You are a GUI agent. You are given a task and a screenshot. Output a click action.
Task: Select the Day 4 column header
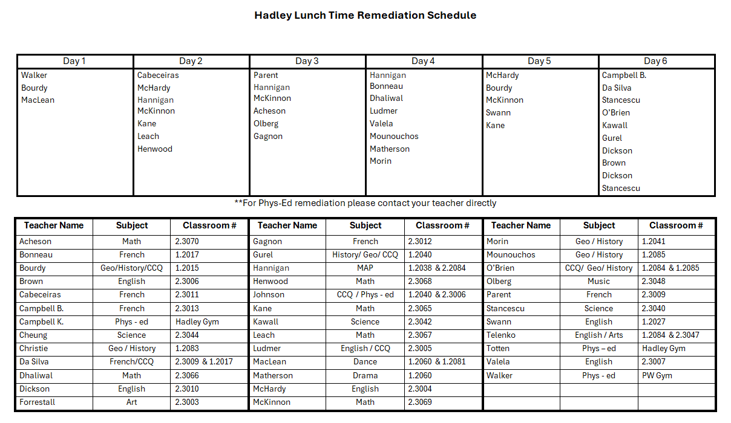(423, 61)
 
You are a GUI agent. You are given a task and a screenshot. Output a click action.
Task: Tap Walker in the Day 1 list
(34, 76)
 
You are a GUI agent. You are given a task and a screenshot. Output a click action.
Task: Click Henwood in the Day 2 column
(155, 149)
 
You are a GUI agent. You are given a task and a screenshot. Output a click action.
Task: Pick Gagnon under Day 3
(268, 137)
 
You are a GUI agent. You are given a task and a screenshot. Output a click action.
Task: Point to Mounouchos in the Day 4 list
(394, 137)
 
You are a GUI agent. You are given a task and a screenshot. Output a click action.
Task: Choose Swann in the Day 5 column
(498, 113)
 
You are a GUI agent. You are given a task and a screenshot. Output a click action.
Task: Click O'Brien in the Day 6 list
(616, 113)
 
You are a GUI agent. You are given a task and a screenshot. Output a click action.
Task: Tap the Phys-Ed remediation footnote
(365, 203)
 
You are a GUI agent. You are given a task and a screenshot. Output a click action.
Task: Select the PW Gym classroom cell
(657, 375)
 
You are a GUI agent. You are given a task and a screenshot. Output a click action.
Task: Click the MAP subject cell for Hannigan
(365, 268)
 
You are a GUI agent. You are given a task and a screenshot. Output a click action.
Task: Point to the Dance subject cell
(365, 362)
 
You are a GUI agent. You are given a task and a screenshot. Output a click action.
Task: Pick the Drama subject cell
(365, 375)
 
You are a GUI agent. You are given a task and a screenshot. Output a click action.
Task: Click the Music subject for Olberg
(598, 281)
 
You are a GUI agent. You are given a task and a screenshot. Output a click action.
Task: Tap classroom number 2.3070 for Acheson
(187, 241)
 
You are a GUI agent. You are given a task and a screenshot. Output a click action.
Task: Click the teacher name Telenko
(501, 335)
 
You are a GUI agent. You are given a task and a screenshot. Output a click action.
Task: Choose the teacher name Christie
(34, 348)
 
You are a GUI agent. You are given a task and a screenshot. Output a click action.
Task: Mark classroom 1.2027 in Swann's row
(653, 321)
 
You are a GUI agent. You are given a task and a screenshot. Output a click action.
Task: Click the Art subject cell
(131, 402)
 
